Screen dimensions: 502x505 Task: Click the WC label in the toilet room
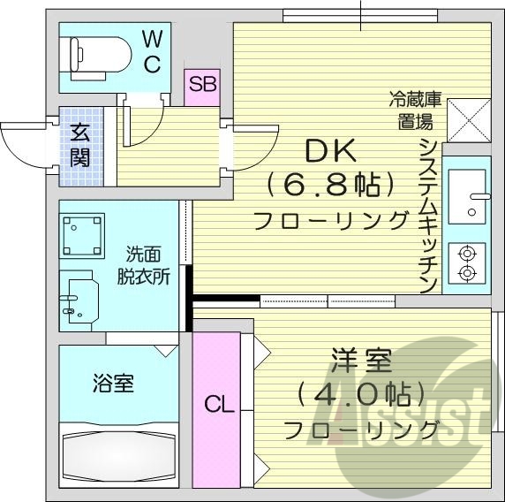click(152, 51)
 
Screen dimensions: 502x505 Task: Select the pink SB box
click(202, 87)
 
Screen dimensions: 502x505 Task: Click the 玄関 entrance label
click(80, 146)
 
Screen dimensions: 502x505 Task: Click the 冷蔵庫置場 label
click(411, 108)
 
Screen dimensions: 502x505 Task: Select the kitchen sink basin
click(466, 192)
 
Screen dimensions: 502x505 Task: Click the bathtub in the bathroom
click(120, 456)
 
